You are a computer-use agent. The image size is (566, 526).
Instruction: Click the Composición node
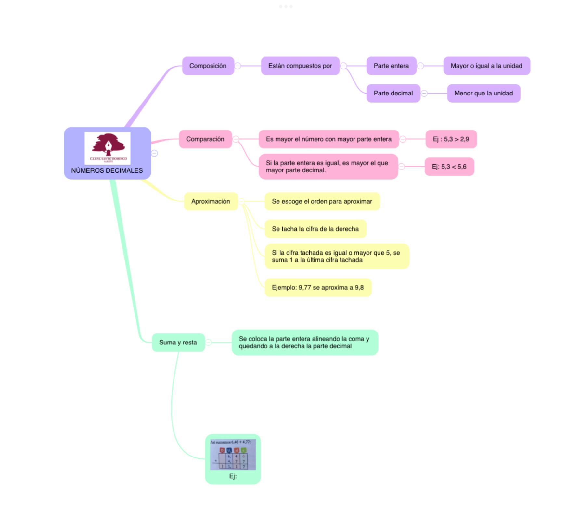click(208, 66)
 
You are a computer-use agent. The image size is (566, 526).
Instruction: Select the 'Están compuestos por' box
click(300, 66)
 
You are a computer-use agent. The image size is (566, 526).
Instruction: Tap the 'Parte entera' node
click(391, 66)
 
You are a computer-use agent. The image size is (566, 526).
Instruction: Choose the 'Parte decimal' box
click(393, 94)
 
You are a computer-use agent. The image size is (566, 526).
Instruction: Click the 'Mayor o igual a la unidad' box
click(486, 66)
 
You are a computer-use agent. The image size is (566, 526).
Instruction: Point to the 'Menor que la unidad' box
click(483, 94)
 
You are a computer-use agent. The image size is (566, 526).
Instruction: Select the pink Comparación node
click(205, 139)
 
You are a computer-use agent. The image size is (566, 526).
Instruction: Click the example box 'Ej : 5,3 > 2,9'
click(451, 139)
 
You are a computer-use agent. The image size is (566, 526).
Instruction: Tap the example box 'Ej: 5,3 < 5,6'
click(449, 167)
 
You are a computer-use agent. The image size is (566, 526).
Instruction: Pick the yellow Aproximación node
click(211, 201)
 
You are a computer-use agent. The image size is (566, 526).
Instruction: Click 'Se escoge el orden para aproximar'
click(322, 201)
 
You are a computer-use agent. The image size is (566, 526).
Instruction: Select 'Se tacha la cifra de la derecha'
click(315, 229)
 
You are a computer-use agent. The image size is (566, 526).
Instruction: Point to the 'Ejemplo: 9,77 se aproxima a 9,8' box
click(318, 288)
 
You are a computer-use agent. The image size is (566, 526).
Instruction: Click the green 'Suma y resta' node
click(178, 343)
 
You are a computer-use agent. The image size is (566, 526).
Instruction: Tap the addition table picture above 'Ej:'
click(233, 455)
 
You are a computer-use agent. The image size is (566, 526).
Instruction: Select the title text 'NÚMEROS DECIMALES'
click(107, 171)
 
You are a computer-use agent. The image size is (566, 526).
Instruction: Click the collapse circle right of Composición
click(238, 66)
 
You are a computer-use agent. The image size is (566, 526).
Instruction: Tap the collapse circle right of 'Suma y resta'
click(209, 343)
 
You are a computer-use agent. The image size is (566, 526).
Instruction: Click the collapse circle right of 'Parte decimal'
click(424, 94)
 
